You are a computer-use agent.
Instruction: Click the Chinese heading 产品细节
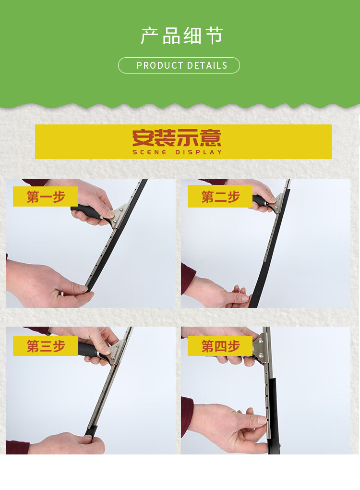(182, 36)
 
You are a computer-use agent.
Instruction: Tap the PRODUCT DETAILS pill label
(179, 65)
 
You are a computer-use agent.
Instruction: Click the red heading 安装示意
(177, 138)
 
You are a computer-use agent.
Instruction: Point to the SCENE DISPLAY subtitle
(177, 152)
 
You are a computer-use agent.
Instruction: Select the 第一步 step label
(46, 196)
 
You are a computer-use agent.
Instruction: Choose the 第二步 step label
(220, 196)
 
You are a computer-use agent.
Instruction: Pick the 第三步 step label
(46, 346)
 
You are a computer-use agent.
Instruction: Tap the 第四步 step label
(220, 346)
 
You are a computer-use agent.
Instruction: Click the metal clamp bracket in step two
(277, 203)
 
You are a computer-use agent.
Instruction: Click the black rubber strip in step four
(274, 416)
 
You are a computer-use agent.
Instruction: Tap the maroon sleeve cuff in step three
(17, 447)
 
